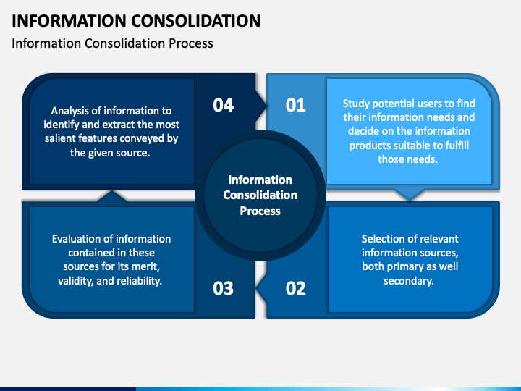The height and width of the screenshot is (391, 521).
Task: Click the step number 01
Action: coord(296,105)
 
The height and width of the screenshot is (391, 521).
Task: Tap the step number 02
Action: coord(296,288)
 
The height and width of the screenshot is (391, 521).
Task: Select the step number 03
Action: coord(224,288)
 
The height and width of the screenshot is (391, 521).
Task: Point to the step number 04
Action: coord(224,105)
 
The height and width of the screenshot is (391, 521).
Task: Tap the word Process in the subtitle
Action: coord(190,43)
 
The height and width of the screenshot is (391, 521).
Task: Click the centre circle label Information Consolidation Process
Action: coord(260,195)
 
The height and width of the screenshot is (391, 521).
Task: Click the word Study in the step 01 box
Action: coord(357,104)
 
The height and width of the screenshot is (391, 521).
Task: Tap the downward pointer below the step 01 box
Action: coord(409,193)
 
